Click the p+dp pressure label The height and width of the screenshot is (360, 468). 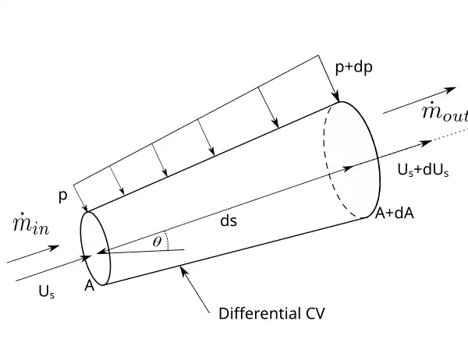[x=353, y=67]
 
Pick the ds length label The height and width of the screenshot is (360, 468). [x=228, y=221]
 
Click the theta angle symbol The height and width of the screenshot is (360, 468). [x=157, y=242]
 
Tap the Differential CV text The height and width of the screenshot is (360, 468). [x=271, y=314]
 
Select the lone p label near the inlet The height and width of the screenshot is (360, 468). [x=63, y=196]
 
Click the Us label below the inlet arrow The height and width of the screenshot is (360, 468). [x=46, y=291]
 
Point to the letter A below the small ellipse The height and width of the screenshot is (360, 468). [x=90, y=286]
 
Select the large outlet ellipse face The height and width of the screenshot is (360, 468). [x=353, y=159]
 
